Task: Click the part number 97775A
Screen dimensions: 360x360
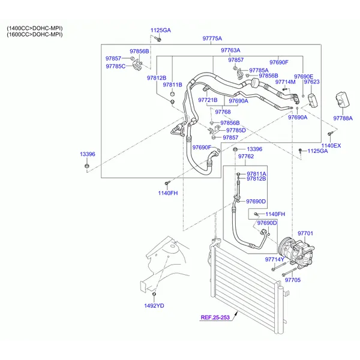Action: click(212, 38)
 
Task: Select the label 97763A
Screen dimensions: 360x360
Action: click(230, 50)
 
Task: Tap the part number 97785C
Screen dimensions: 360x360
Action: click(116, 66)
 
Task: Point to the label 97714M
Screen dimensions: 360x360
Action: click(285, 82)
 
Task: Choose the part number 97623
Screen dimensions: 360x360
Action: click(311, 82)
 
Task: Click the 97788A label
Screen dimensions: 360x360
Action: click(343, 118)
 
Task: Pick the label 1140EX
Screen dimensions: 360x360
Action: click(331, 146)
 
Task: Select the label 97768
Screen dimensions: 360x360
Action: click(223, 112)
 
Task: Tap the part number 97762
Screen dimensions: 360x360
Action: click(246, 157)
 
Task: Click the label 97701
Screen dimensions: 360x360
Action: click(306, 233)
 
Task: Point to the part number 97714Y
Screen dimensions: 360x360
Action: click(275, 259)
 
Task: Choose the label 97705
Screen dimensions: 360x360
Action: click(292, 280)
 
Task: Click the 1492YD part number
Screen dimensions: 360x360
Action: click(154, 305)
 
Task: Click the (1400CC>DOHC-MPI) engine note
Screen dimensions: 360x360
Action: click(34, 28)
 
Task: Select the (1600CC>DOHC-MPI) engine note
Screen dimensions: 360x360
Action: click(34, 35)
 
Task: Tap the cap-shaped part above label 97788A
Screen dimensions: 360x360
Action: click(342, 98)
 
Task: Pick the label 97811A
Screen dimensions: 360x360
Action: click(256, 173)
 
